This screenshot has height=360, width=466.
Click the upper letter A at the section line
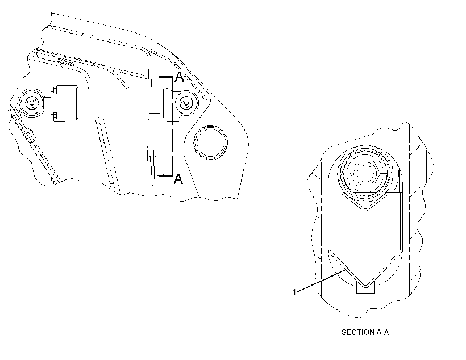click(179, 77)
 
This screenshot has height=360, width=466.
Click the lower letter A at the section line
click(178, 179)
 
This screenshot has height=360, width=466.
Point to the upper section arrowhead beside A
click(161, 77)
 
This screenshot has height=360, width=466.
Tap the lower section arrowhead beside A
click(161, 176)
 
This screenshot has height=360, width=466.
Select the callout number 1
click(294, 292)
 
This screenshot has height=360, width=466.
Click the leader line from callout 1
click(321, 281)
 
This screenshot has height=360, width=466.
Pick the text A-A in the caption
click(383, 332)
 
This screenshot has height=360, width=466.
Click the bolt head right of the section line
click(186, 103)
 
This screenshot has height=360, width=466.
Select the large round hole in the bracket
click(210, 143)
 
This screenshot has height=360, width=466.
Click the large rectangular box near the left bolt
click(67, 103)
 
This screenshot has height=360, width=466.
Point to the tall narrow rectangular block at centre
click(155, 126)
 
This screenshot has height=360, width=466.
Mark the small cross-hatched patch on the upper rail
click(66, 62)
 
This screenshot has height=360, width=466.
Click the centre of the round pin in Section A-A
click(364, 173)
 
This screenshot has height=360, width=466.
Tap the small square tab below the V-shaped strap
click(365, 288)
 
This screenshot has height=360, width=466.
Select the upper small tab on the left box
click(55, 89)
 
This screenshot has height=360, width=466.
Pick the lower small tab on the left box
click(55, 116)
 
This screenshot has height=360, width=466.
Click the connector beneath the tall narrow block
click(154, 151)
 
